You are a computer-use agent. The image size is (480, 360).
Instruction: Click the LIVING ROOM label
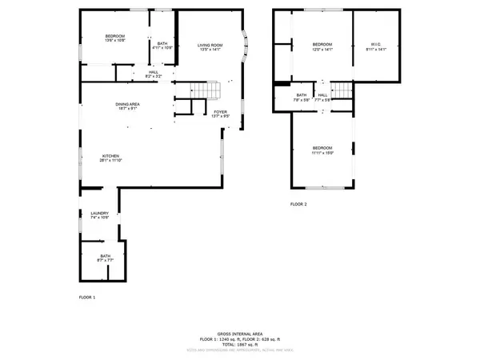pyautogui.click(x=210, y=45)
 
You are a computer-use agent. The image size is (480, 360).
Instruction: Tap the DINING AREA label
pyautogui.click(x=128, y=104)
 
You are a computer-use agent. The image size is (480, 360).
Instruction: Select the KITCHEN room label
pyautogui.click(x=110, y=155)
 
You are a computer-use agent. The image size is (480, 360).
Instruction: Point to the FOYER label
pyautogui.click(x=220, y=111)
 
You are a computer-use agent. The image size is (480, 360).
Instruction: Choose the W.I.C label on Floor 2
pyautogui.click(x=375, y=43)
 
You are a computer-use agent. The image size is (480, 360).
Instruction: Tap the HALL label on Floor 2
pyautogui.click(x=323, y=94)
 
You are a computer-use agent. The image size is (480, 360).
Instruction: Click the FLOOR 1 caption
pyautogui.click(x=86, y=298)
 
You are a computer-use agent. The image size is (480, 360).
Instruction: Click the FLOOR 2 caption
pyautogui.click(x=298, y=205)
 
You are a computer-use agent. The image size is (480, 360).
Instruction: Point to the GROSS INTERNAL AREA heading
pyautogui.click(x=240, y=333)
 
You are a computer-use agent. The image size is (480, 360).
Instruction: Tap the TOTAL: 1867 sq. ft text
pyautogui.click(x=240, y=344)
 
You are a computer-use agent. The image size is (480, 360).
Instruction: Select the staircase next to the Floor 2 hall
pyautogui.click(x=342, y=90)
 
